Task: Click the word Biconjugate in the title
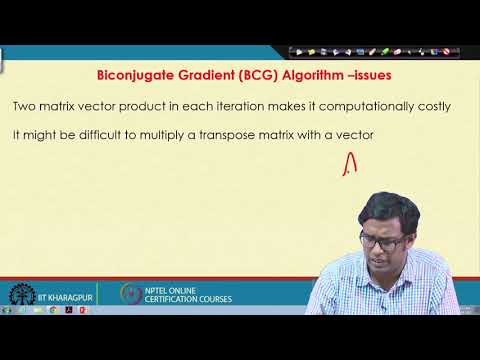click(x=132, y=74)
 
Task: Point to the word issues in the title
click(x=350, y=74)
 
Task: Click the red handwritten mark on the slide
click(x=349, y=163)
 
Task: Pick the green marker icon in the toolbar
click(x=385, y=51)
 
